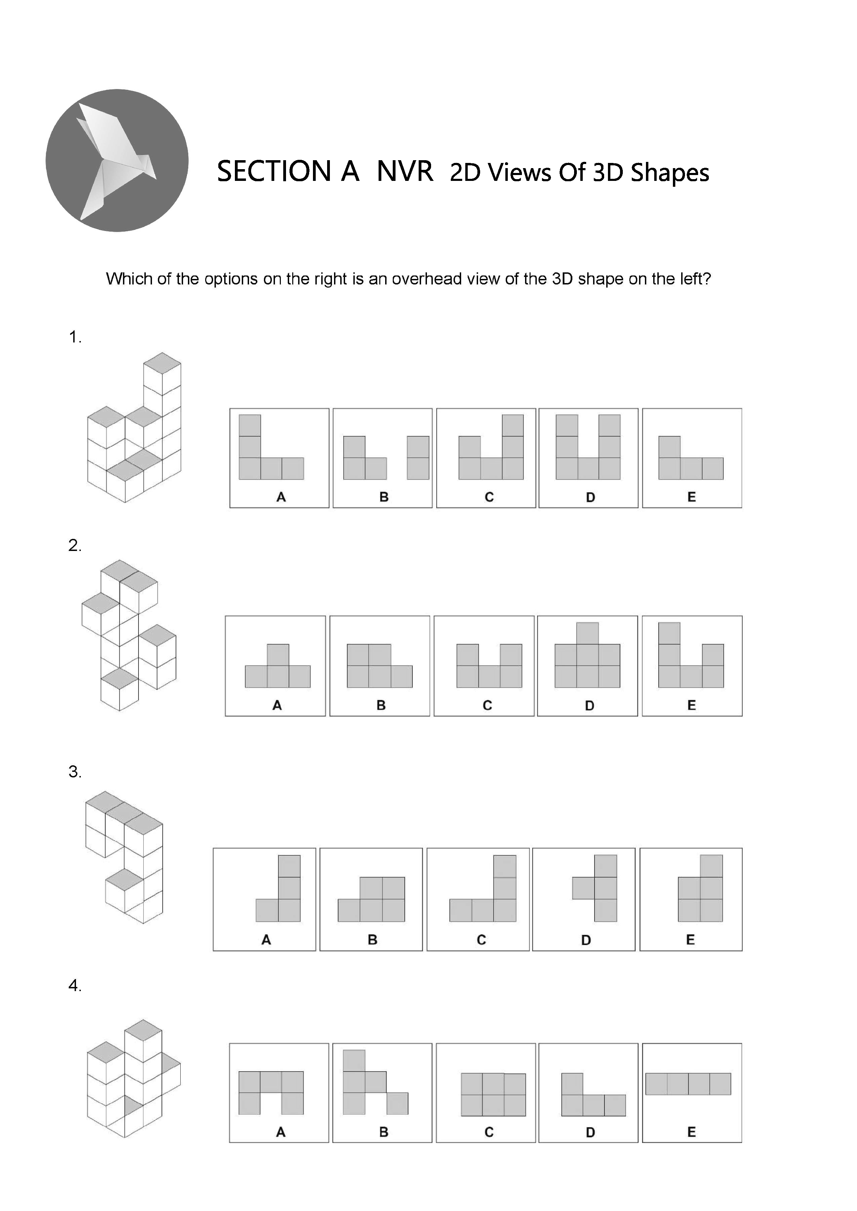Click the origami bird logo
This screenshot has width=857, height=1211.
coord(117,160)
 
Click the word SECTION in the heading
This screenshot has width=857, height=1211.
coord(274,172)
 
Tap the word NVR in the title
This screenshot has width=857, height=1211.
coord(405,172)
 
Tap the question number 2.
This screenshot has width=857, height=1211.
coord(75,545)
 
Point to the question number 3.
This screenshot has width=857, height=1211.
coord(75,772)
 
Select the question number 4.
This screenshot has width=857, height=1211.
coord(75,986)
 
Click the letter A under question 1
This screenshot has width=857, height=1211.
coord(281,497)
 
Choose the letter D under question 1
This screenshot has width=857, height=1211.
coord(591,497)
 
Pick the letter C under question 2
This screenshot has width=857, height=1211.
coord(487,705)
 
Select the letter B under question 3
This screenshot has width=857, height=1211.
coord(373,939)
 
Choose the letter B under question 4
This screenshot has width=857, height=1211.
coord(384,1132)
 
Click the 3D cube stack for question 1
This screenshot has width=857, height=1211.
coord(134,427)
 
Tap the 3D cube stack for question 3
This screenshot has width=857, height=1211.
coord(124,857)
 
